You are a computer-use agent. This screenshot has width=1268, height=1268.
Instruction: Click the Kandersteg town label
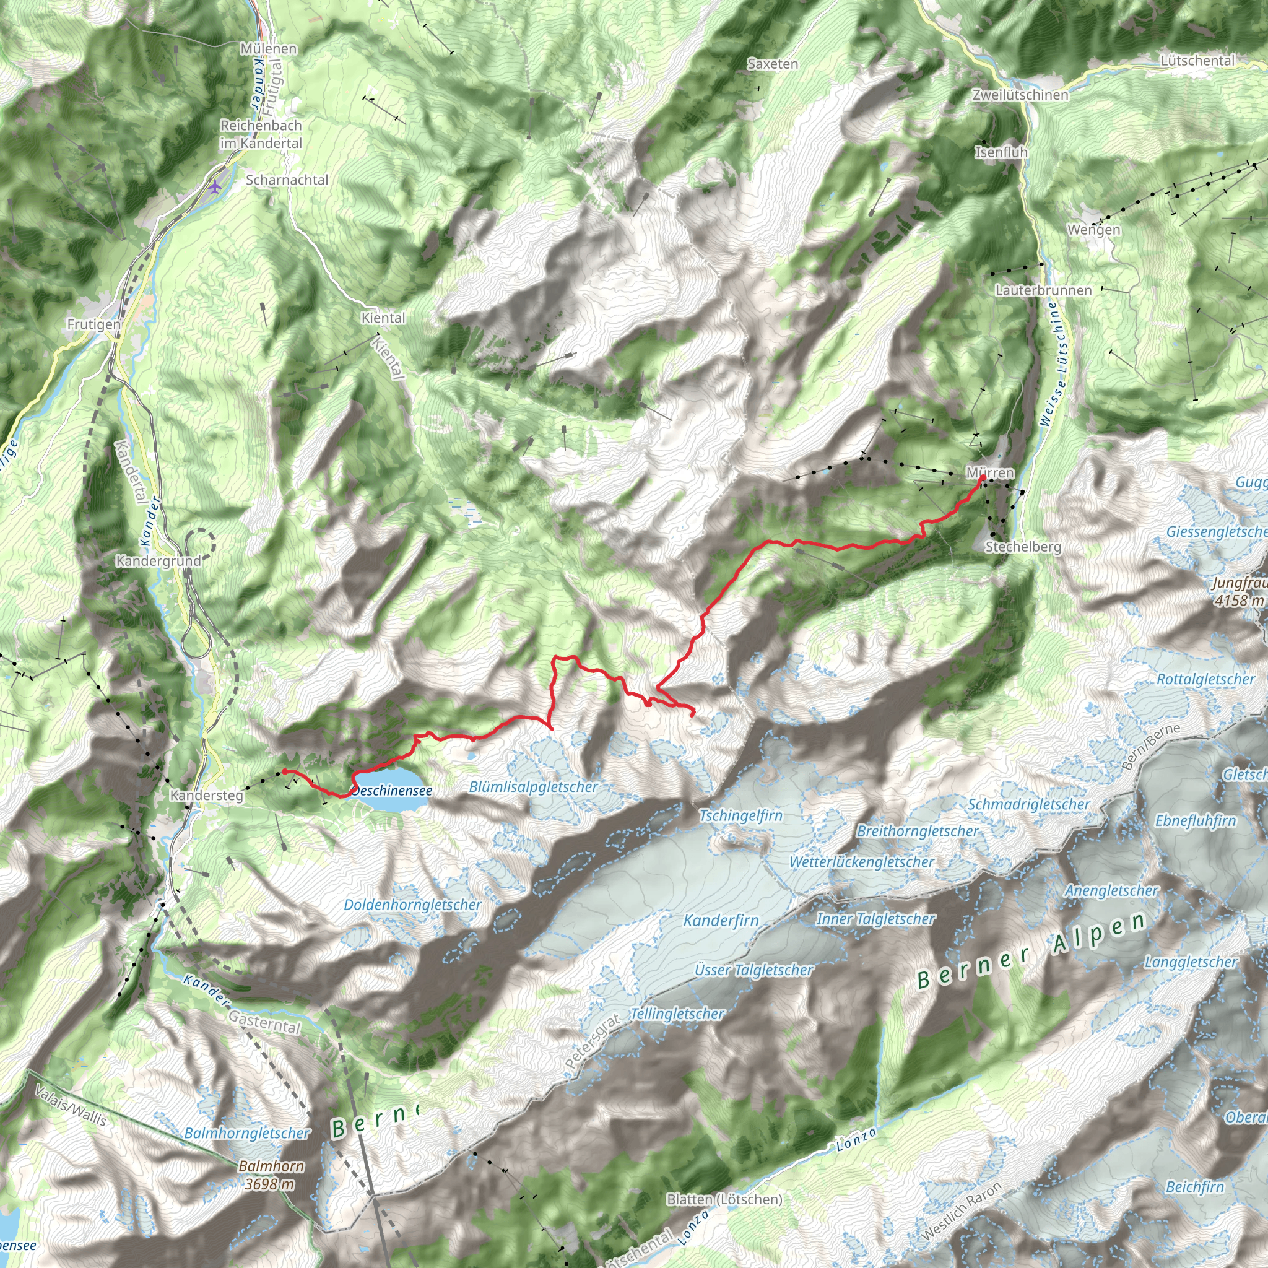point(206,796)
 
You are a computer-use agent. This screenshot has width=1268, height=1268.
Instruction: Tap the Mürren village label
point(990,472)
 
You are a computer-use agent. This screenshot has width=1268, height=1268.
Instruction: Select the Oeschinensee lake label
point(393,790)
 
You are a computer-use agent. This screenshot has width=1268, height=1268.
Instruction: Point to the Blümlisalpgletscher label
point(533,786)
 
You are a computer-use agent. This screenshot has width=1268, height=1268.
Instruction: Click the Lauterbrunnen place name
point(1043,290)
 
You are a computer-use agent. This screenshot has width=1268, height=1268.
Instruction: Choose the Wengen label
point(1093,230)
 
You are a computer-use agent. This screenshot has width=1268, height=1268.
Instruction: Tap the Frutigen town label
point(94,324)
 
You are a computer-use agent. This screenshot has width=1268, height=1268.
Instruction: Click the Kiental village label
point(383,318)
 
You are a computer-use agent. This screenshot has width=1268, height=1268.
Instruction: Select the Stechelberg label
point(1023,547)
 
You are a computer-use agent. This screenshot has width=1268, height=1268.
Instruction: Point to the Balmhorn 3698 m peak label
point(271,1175)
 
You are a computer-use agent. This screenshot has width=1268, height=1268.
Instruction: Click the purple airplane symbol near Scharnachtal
point(215,186)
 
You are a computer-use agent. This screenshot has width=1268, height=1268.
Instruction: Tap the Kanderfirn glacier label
point(721,921)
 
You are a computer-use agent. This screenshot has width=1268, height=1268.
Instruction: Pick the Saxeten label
point(773,64)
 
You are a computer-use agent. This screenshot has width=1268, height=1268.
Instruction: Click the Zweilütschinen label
point(1020,95)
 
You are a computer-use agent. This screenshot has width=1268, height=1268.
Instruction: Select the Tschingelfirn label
point(740,816)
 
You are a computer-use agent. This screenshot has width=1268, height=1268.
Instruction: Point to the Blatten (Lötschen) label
point(724,1199)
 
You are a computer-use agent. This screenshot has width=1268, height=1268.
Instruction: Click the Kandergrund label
point(158,560)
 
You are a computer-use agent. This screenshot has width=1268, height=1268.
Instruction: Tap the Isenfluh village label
point(1001,152)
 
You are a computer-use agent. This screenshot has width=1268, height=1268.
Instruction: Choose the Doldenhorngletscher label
point(412,905)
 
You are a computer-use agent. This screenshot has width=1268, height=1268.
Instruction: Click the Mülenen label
point(269,48)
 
